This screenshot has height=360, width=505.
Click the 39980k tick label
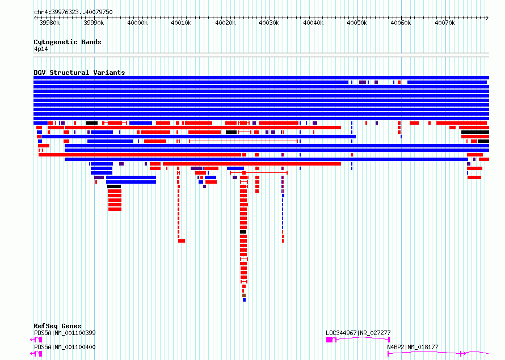[x=49, y=23]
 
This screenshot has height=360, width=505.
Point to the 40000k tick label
[x=137, y=23]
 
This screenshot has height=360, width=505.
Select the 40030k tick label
[x=270, y=23]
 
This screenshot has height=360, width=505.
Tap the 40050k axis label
[x=357, y=23]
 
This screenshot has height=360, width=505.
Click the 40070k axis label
[x=445, y=23]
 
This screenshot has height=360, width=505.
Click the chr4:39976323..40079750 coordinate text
[x=73, y=12]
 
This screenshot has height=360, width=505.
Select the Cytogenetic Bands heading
[x=68, y=42]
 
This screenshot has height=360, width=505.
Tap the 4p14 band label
[x=41, y=49]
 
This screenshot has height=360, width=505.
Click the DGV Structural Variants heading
[x=79, y=73]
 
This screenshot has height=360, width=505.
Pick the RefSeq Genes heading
[x=57, y=326]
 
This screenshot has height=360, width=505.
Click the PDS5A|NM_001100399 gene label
[x=65, y=333]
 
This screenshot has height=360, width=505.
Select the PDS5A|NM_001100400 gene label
[x=65, y=347]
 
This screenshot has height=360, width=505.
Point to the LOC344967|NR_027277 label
[x=358, y=333]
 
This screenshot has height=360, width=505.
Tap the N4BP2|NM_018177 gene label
[x=413, y=347]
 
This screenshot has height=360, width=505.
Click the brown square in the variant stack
[x=244, y=295]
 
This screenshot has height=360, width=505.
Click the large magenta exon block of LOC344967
[x=329, y=340]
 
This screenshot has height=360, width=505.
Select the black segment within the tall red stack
[x=243, y=232]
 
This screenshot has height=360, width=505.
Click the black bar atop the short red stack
[x=114, y=187]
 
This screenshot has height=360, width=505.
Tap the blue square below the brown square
[x=244, y=300]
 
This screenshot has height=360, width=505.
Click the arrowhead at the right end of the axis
[x=487, y=18]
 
